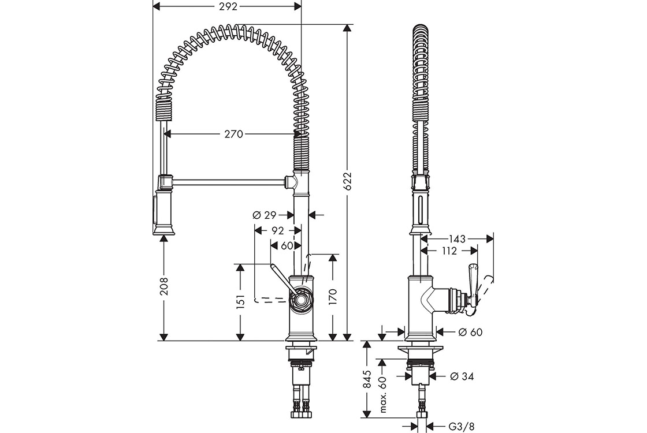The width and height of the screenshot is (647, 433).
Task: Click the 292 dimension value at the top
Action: (226, 6)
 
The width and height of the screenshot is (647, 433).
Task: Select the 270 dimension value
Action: (232, 134)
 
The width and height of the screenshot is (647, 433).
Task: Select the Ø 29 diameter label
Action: (265, 215)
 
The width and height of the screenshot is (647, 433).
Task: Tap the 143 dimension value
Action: (456, 238)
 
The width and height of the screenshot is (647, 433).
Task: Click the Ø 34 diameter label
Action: (462, 376)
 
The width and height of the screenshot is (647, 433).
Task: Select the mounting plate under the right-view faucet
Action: (421, 352)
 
